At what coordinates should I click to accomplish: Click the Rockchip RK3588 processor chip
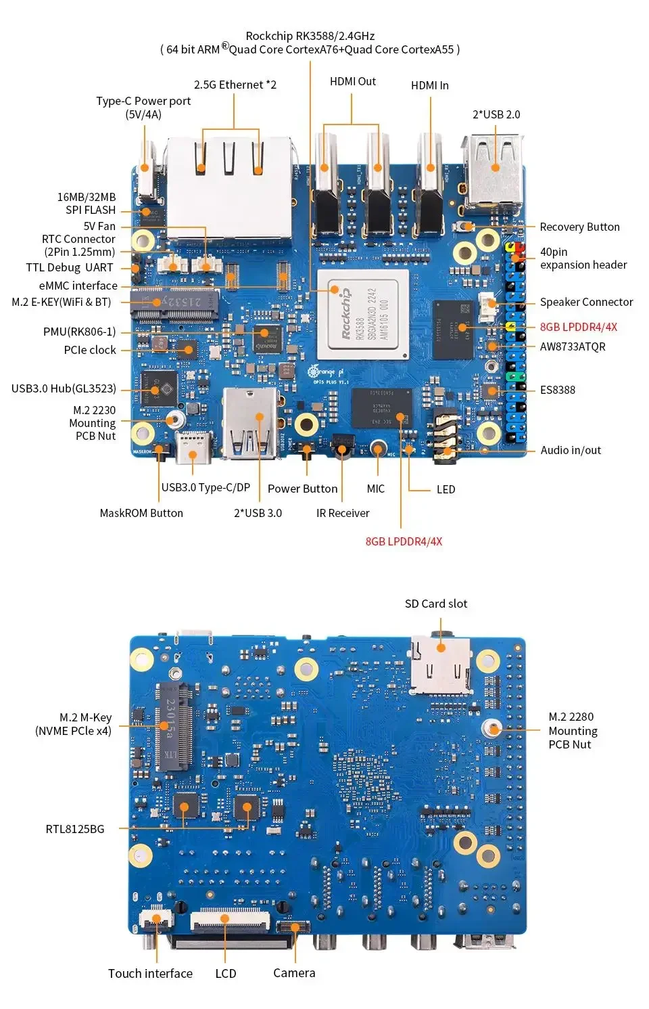(x=363, y=315)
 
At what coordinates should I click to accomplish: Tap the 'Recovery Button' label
(x=579, y=227)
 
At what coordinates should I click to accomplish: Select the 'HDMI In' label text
(x=429, y=85)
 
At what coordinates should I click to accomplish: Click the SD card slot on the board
(x=441, y=667)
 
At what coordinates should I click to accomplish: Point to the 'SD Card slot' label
(x=435, y=604)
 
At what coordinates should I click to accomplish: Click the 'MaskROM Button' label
(x=141, y=513)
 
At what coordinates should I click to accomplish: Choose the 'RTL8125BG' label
(x=75, y=829)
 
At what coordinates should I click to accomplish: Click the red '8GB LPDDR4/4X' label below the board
(x=404, y=541)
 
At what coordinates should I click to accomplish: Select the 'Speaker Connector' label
(x=586, y=302)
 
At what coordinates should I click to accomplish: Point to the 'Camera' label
(x=294, y=972)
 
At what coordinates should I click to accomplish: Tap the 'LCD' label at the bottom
(x=226, y=973)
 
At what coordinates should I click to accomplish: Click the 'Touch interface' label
(x=150, y=973)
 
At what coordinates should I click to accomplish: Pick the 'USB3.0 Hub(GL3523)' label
(x=64, y=388)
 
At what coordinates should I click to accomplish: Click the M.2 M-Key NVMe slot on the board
(x=174, y=727)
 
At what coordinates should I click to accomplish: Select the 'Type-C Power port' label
(x=143, y=101)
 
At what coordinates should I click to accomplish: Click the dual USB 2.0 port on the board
(x=494, y=173)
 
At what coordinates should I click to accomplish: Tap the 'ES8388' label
(x=557, y=390)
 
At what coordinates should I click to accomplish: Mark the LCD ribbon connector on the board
(x=230, y=921)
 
